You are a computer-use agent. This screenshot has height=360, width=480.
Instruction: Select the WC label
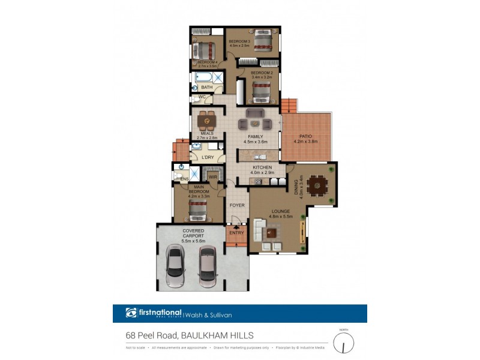click(202, 96)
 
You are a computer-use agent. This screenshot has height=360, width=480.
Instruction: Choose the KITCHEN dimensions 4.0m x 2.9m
click(263, 172)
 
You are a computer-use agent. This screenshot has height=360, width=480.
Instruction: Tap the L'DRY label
click(208, 157)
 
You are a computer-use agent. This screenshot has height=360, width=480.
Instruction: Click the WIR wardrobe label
click(212, 176)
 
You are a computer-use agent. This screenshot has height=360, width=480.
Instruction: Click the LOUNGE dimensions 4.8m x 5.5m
click(280, 217)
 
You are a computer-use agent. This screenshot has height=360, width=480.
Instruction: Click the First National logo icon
click(131, 313)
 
